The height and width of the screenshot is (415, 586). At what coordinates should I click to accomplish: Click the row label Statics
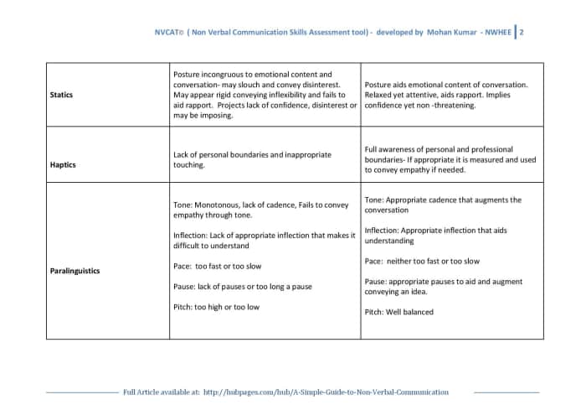pos(61,95)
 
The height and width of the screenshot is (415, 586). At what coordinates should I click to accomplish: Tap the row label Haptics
pos(63,165)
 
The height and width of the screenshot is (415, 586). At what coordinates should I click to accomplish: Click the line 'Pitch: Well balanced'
pos(399,312)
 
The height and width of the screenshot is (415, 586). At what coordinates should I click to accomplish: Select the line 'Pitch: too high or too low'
pos(216,307)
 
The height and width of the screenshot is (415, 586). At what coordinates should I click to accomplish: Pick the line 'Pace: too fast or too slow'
pos(217,266)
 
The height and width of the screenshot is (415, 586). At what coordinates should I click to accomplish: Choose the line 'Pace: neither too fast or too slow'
pos(422,261)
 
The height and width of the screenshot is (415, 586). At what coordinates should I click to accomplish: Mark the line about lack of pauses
pos(242,286)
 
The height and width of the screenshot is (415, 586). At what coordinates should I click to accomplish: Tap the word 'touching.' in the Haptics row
pos(189,165)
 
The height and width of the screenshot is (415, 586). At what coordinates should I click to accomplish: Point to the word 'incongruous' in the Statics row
pos(225,75)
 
